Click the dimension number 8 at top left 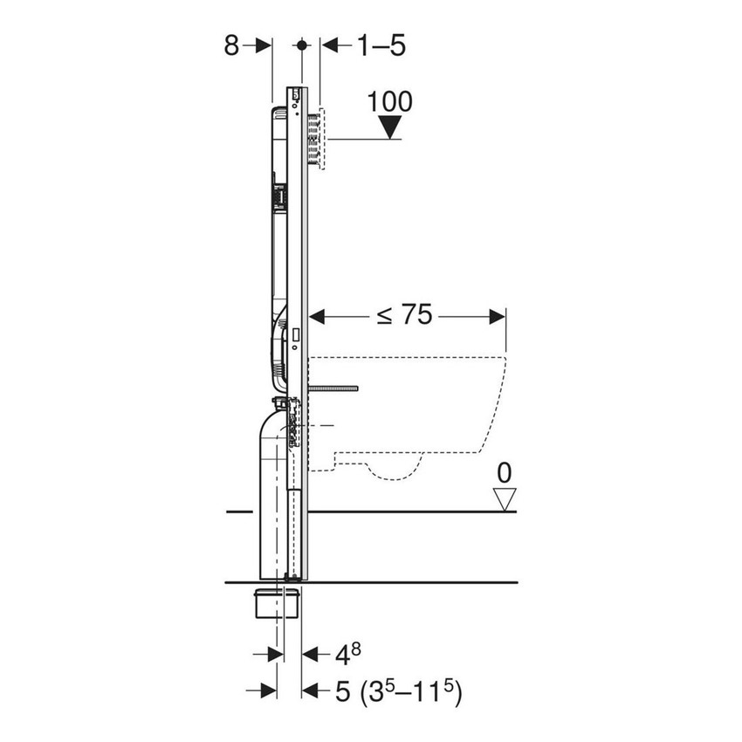click(x=231, y=45)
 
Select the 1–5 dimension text click(x=381, y=45)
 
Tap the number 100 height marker click(x=389, y=101)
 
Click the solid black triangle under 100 click(x=389, y=127)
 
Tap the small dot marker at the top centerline click(x=302, y=45)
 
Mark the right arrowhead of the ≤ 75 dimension click(x=499, y=316)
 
